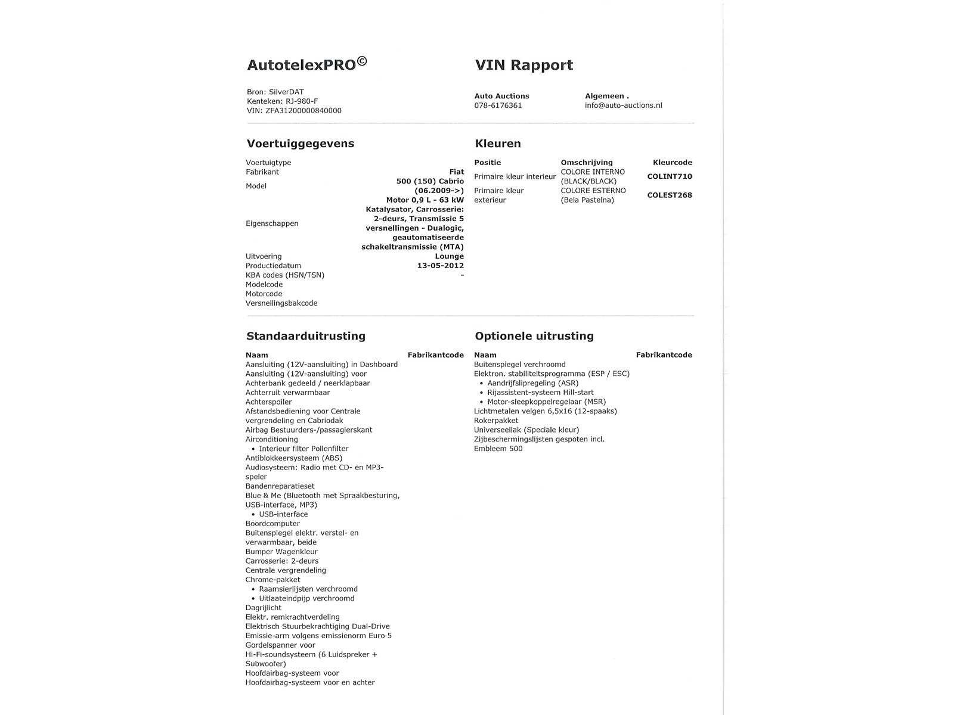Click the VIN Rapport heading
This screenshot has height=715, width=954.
[524, 65]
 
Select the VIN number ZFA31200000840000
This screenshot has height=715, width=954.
[303, 111]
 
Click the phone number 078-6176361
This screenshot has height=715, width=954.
[498, 105]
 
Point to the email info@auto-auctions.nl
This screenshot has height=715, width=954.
[623, 105]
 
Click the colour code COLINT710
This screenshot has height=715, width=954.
[670, 176]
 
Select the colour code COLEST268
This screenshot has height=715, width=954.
[670, 195]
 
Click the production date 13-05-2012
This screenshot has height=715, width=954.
[440, 266]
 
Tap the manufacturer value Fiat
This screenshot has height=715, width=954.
[456, 172]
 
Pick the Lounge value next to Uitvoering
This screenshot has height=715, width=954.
[449, 256]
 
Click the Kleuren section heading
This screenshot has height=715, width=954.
[498, 144]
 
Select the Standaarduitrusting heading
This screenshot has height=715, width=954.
[305, 336]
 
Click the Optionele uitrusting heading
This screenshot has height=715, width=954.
[534, 336]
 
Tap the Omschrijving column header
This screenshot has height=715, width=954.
[586, 163]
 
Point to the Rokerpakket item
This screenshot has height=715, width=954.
[496, 421]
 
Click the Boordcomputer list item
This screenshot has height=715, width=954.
[272, 524]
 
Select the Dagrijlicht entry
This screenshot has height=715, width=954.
[263, 608]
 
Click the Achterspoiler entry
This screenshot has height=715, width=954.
[268, 402]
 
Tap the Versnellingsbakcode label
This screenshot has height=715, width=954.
[281, 303]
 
